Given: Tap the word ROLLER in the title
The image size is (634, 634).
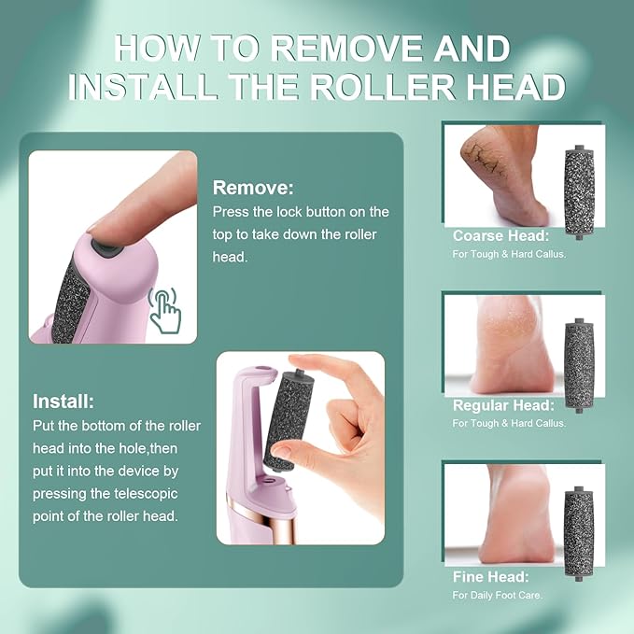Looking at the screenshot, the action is pos(386,87).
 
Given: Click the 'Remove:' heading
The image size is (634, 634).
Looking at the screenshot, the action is pos(253,188).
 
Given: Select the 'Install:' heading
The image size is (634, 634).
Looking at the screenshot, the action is pos(63,402).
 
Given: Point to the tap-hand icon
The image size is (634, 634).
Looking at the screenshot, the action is pos(164,311).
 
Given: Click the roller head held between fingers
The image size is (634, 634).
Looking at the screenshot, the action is pos(285,419).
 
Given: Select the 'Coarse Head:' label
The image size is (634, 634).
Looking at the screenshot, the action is pos(501,235).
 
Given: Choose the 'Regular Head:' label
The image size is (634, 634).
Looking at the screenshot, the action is pos(503,405).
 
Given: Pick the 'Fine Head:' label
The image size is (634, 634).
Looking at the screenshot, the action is pos(490,577).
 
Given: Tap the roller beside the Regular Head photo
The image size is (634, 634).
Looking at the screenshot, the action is pos(580,365).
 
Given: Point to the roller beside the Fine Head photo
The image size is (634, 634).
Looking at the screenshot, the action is pos(580,534).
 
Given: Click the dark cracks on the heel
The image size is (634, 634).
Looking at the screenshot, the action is pos(485,160).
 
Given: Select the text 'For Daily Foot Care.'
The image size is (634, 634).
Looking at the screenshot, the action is pos(498,595).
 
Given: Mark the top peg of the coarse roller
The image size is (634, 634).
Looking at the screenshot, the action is pos(579,146).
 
